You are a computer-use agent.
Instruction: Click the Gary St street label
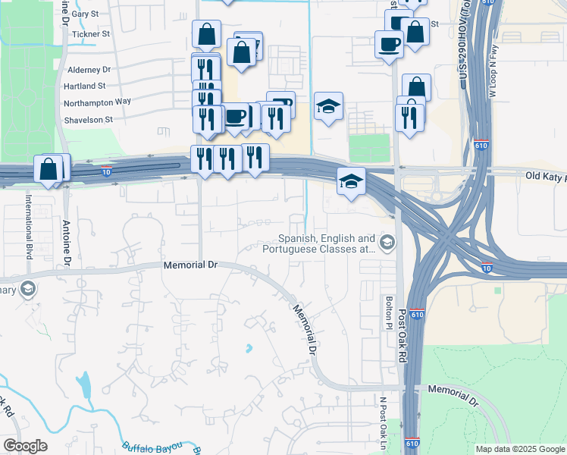[85, 14]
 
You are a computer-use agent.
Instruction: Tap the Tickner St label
[90, 34]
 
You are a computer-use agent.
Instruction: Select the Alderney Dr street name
[84, 69]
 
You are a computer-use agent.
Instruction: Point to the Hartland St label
[85, 86]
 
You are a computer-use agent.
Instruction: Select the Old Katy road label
[545, 176]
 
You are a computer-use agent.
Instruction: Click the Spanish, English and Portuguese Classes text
[319, 243]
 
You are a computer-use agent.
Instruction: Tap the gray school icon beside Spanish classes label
[387, 243]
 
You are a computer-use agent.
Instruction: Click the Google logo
[25, 446]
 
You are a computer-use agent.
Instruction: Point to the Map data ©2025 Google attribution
[520, 449]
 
